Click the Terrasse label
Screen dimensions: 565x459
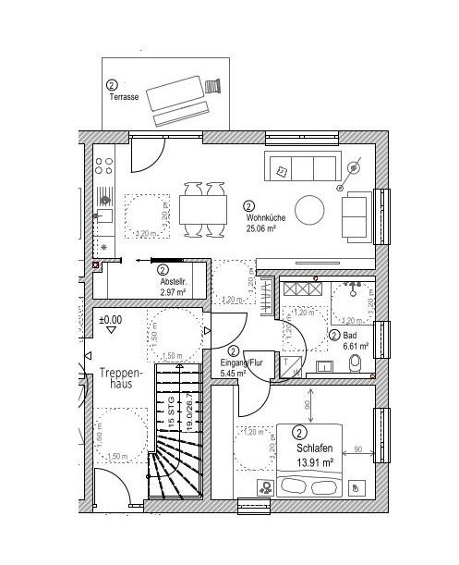124,96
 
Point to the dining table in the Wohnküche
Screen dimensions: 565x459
202,210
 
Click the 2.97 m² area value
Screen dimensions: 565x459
174,291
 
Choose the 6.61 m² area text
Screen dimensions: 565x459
356,347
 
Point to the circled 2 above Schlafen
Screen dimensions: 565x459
300,432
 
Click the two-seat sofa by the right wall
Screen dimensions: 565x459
356,217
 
